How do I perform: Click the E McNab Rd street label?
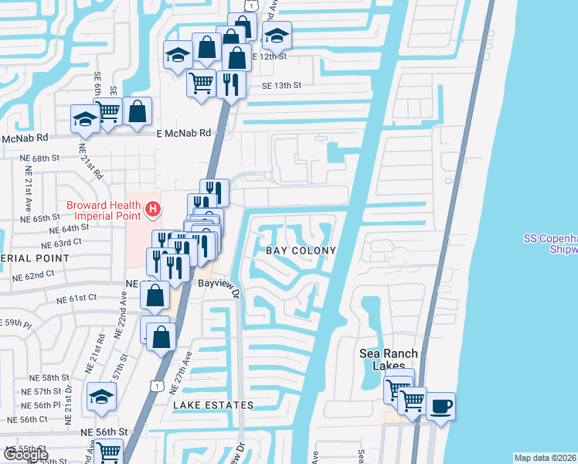(x=183, y=133)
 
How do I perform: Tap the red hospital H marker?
(x=153, y=208)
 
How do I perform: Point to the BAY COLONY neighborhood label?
(x=301, y=251)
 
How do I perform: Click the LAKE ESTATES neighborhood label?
(x=213, y=405)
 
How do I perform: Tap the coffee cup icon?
(x=440, y=405)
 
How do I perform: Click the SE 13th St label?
(x=281, y=86)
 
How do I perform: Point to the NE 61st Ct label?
(x=76, y=297)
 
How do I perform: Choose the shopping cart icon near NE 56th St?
(x=108, y=452)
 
